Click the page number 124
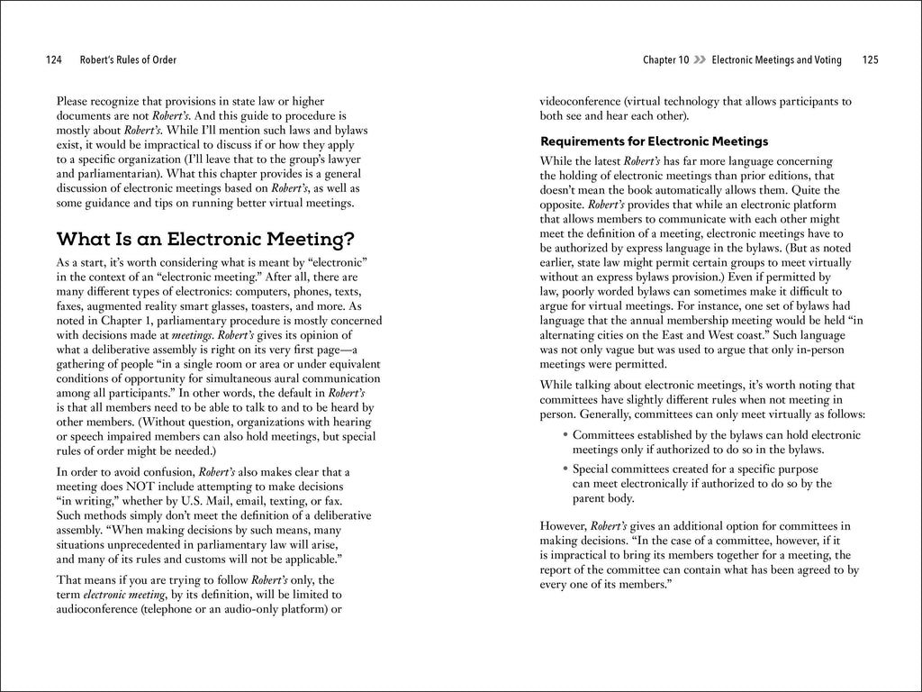pyautogui.click(x=52, y=60)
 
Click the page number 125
pyautogui.click(x=869, y=60)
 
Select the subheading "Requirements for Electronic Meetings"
pyautogui.click(x=653, y=141)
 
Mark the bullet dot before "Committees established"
pyautogui.click(x=565, y=435)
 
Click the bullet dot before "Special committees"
pyautogui.click(x=565, y=469)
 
